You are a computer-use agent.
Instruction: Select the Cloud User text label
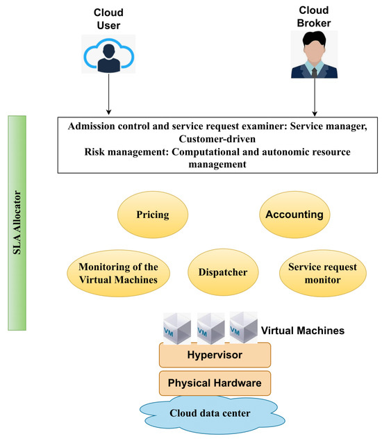click(108, 19)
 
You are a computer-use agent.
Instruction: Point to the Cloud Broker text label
click(315, 17)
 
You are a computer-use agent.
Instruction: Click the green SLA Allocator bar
click(16, 222)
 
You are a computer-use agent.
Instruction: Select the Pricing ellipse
click(153, 215)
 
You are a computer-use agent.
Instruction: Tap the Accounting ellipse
click(294, 215)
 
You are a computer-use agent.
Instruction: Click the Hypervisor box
click(214, 355)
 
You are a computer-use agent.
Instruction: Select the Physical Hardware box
click(214, 382)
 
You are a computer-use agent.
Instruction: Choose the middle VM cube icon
click(210, 327)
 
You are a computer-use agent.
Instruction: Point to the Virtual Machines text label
click(303, 331)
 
